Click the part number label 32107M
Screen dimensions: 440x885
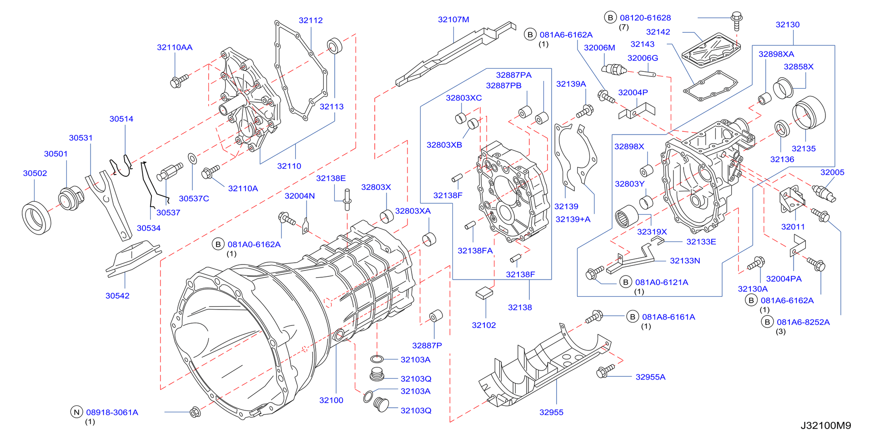(453, 20)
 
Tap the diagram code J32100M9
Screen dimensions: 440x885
(825, 425)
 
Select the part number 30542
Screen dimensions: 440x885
(117, 296)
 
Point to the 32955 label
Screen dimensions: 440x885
(551, 412)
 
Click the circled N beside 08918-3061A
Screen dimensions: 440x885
(76, 412)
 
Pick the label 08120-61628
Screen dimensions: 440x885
(645, 18)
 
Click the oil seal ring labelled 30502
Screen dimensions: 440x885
(36, 219)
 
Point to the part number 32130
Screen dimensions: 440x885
(787, 25)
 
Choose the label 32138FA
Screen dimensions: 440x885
(475, 250)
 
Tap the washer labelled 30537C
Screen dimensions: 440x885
(192, 159)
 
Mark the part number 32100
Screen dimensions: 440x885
(331, 400)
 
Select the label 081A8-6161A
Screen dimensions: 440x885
(669, 317)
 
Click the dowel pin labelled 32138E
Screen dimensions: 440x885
(347, 199)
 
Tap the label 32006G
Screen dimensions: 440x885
(643, 58)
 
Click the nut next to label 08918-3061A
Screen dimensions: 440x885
(195, 412)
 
